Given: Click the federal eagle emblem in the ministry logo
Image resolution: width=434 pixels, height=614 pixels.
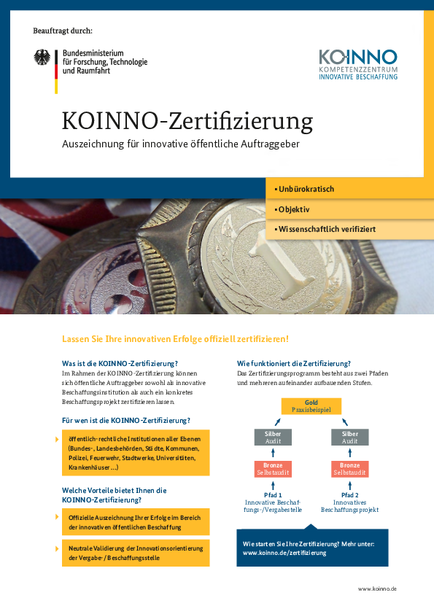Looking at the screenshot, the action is (44, 60).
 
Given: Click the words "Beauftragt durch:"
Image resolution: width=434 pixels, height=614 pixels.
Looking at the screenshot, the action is (63, 31).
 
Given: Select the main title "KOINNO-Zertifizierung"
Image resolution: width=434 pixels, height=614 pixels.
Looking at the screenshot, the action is (187, 119).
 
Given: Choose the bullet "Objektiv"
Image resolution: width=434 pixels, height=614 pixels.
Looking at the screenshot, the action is (294, 209).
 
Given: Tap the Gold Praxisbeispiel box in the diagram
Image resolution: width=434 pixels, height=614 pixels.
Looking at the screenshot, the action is (311, 406).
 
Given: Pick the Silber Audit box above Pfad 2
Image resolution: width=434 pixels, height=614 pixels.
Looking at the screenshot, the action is (350, 437).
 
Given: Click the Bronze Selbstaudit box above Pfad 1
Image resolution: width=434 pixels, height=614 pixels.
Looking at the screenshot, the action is (273, 469).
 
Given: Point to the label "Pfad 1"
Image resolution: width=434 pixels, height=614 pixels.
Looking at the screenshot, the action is (273, 494).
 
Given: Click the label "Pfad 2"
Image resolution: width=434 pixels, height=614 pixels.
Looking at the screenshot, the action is (350, 494).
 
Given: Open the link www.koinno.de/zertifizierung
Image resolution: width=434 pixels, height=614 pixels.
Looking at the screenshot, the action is (284, 553).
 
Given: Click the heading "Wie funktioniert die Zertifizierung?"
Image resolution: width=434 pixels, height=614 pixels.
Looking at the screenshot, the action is (294, 363).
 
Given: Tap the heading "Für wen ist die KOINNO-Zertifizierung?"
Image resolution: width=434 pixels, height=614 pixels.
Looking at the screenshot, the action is (126, 420).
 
